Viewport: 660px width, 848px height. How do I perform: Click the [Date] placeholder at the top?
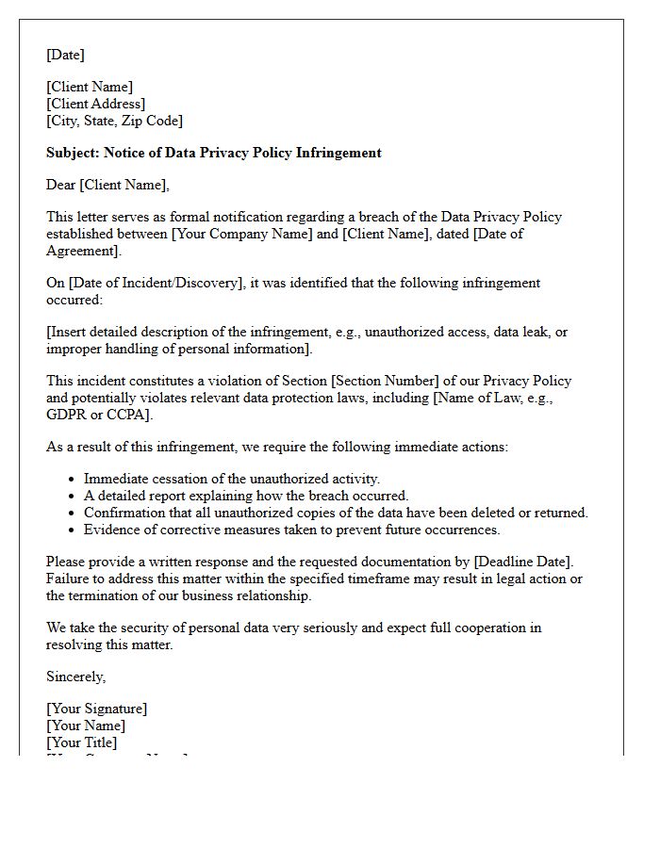click(x=65, y=55)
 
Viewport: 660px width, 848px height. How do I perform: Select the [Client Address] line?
click(x=95, y=104)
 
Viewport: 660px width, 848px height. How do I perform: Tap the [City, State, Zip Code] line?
click(x=114, y=121)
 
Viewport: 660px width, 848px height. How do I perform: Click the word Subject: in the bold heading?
click(x=73, y=153)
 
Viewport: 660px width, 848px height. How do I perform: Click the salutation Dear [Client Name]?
click(x=107, y=185)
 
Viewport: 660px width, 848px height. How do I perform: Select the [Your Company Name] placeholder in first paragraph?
click(x=241, y=234)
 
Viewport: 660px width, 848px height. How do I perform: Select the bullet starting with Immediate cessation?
click(x=231, y=479)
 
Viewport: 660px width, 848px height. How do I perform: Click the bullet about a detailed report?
click(x=245, y=496)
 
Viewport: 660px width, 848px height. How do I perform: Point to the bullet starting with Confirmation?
click(x=335, y=513)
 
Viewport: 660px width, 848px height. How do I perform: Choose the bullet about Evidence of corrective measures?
click(x=291, y=530)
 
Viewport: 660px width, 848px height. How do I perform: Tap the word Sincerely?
click(x=75, y=677)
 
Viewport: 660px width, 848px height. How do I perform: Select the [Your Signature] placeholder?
click(x=96, y=709)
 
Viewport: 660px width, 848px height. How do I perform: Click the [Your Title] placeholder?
click(x=81, y=742)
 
